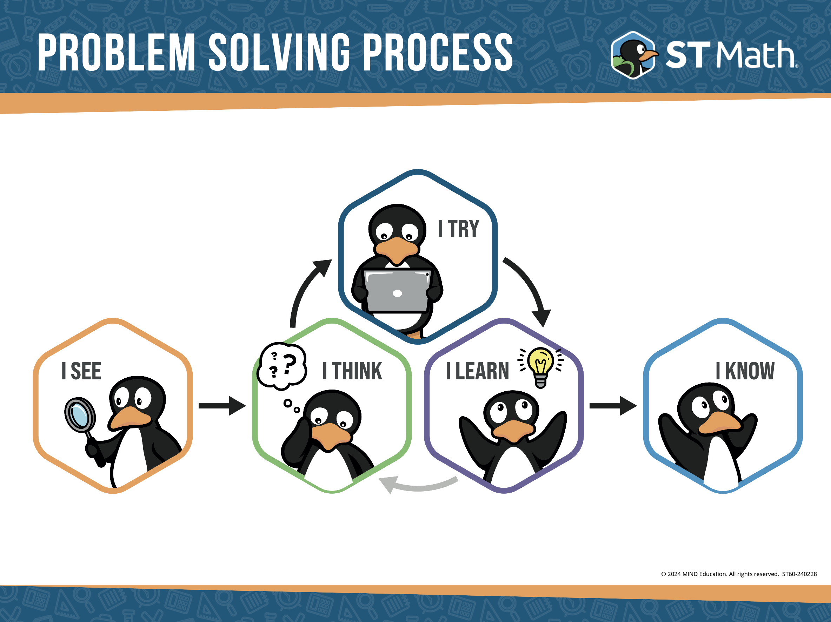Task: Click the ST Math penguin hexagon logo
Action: (633, 55)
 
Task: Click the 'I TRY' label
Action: (459, 229)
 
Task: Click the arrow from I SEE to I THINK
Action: (222, 405)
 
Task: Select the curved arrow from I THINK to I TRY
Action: (305, 289)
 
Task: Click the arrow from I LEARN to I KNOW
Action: (613, 405)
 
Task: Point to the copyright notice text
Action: (739, 574)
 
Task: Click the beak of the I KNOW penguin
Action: (719, 423)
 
